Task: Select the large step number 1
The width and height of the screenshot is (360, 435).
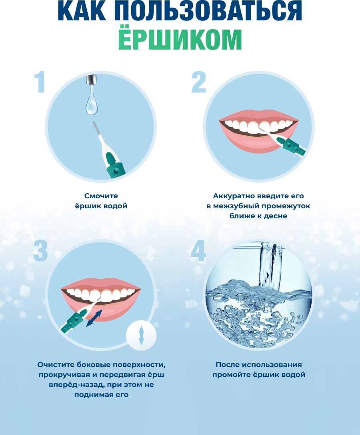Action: click(x=40, y=82)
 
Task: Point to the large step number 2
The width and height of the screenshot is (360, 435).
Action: click(x=198, y=82)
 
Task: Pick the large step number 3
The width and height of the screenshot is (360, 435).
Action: click(x=40, y=251)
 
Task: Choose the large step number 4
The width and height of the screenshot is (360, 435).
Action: click(x=198, y=251)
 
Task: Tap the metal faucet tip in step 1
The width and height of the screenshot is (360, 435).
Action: click(x=92, y=79)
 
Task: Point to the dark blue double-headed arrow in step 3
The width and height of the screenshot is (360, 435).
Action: click(x=94, y=318)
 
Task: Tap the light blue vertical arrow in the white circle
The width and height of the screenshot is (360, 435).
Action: click(x=141, y=335)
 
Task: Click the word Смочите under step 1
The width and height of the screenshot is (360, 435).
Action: click(x=101, y=196)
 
